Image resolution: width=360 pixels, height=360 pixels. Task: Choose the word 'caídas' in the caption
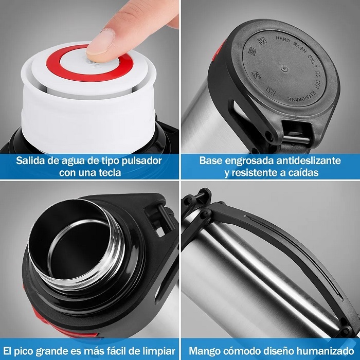pyautogui.click(x=300, y=173)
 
